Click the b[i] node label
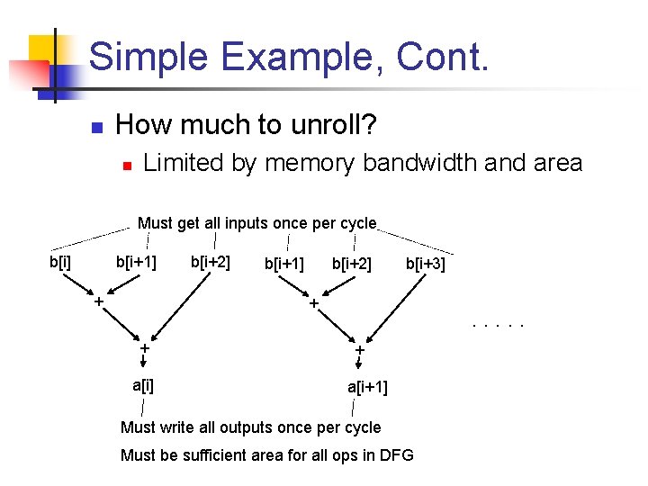click(60, 262)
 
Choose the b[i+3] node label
click(425, 264)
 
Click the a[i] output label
click(142, 386)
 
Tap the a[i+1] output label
click(367, 388)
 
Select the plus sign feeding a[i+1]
click(358, 349)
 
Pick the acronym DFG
click(395, 454)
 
